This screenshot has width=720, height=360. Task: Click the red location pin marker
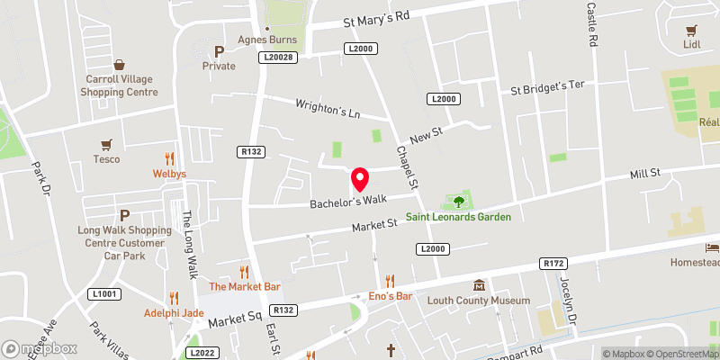(361, 179)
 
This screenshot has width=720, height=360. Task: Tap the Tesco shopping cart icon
(107, 143)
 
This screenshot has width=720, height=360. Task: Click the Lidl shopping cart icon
(692, 30)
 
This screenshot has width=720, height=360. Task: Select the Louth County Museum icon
(479, 284)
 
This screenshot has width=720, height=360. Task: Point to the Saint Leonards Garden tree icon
(459, 202)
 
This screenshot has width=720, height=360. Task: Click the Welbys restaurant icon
(169, 157)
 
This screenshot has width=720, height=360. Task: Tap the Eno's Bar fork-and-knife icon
(390, 281)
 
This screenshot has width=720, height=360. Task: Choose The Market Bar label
(244, 286)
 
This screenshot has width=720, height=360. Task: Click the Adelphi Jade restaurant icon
(175, 298)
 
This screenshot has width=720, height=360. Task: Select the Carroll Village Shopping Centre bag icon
(120, 65)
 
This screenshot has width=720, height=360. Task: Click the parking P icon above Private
(219, 51)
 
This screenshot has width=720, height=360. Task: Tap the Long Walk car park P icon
(124, 215)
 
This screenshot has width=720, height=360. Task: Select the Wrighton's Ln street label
(328, 110)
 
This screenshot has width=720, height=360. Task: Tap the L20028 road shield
(279, 57)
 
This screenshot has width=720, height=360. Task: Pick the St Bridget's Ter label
(547, 87)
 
